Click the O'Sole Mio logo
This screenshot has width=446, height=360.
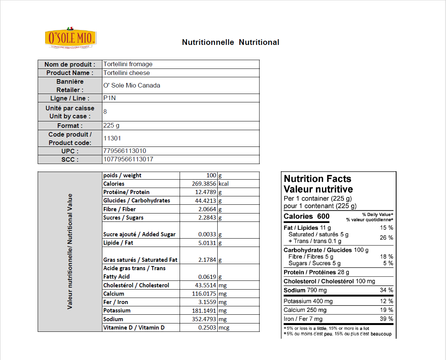point(71,38)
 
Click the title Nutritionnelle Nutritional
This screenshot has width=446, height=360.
point(231,42)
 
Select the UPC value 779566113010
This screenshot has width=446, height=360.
point(125,151)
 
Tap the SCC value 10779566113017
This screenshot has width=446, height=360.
point(128,159)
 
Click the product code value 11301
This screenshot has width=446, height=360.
point(112,139)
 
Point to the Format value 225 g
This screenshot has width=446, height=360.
point(111,125)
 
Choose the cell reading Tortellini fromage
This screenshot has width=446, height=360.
point(128,64)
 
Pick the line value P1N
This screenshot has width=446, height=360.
point(109,98)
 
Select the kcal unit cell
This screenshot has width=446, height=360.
point(223,184)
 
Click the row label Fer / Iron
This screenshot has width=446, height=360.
point(116,302)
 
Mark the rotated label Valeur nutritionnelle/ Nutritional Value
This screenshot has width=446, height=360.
point(70,251)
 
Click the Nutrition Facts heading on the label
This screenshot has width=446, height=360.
point(317,179)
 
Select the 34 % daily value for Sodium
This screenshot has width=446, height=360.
point(386,290)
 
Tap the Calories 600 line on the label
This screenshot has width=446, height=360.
point(307,217)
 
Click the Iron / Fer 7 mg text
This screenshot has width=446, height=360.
point(303,319)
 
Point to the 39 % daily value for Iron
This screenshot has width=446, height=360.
point(386,319)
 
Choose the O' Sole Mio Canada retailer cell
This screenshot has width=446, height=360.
point(132,85)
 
